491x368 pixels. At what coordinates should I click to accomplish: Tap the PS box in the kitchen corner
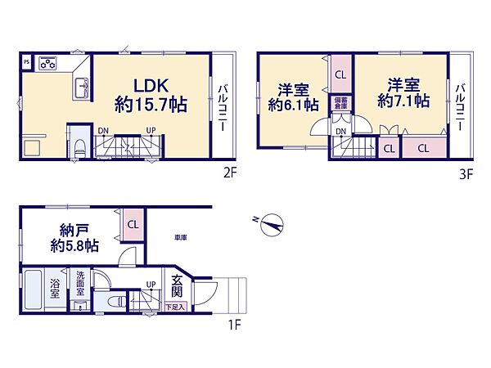click(25, 61)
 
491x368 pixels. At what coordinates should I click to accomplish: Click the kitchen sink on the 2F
click(82, 88)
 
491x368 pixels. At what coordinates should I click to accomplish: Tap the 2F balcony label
click(222, 105)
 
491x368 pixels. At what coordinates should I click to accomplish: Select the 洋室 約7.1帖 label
click(403, 92)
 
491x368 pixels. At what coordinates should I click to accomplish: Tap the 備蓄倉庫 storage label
click(340, 102)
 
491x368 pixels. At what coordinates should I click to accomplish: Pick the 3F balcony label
click(462, 105)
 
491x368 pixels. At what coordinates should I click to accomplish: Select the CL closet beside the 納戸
click(133, 223)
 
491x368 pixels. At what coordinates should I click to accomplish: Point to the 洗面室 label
click(81, 282)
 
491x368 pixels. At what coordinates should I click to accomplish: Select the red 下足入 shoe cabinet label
click(176, 307)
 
